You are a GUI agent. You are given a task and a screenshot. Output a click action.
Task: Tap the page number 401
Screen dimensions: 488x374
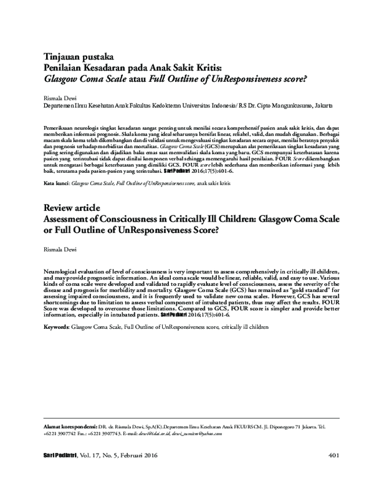(332, 456)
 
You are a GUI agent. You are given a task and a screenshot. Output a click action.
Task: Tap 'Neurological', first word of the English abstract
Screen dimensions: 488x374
(63, 273)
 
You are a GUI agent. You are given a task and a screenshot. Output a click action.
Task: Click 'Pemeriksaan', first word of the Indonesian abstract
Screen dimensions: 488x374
(62, 127)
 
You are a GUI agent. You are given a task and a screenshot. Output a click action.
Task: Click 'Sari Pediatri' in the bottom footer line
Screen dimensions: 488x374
(57, 456)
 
